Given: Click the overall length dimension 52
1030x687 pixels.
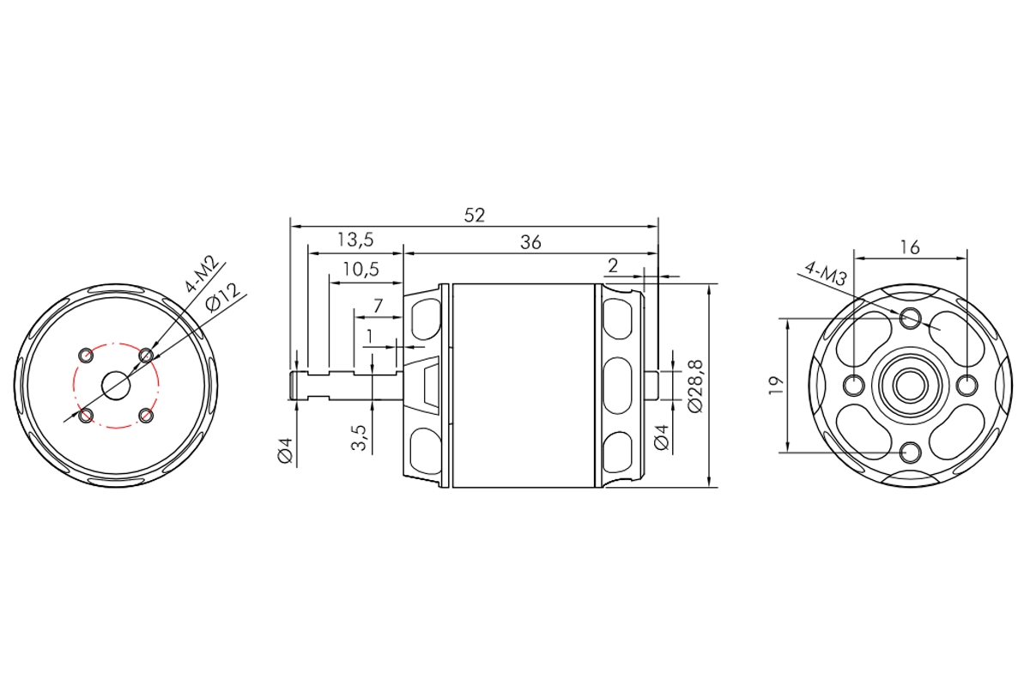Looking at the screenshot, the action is pos(474,216).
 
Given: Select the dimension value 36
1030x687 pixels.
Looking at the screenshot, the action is pos(530,242).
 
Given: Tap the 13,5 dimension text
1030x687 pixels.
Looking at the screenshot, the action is pos(355,240).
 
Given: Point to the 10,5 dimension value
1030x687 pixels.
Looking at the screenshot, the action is pos(361,269).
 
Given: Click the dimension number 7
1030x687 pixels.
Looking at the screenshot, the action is pos(378,306).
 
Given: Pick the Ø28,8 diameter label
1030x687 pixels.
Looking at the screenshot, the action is pos(696,386).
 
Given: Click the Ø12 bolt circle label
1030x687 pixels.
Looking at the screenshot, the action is pos(222,297).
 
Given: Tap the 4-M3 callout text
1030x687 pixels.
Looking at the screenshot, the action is pos(826,274).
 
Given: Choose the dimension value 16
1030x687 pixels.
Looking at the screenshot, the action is pos(910,247).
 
